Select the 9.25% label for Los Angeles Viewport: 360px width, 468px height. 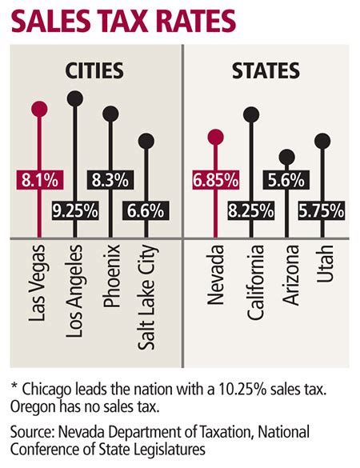76,213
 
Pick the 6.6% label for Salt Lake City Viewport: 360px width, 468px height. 146,212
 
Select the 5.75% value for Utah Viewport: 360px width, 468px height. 322,212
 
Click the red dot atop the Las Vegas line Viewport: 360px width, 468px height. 38,109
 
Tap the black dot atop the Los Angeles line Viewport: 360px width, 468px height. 75,98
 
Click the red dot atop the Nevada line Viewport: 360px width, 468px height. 214,135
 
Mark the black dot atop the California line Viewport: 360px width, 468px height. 251,114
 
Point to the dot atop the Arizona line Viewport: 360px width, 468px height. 287,157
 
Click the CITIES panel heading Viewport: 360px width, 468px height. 94,70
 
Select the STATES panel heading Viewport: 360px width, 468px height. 266,70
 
